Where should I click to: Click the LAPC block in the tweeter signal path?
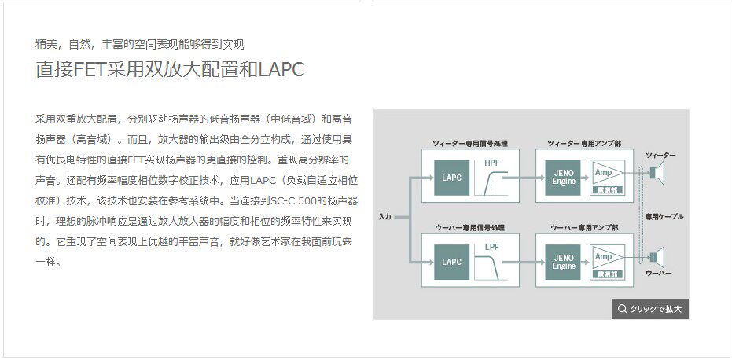pyautogui.click(x=451, y=178)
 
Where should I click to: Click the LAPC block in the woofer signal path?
pyautogui.click(x=451, y=261)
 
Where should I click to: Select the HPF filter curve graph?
pyautogui.click(x=493, y=177)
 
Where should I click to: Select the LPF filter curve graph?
pyautogui.click(x=493, y=260)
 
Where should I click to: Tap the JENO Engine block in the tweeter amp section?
pyautogui.click(x=564, y=177)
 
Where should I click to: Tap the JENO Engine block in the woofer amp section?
pyautogui.click(x=564, y=261)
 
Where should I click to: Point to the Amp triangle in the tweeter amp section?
pyautogui.click(x=605, y=172)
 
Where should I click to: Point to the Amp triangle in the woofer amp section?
pyautogui.click(x=605, y=256)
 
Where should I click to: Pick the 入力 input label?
pyautogui.click(x=384, y=216)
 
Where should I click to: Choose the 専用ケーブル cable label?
pyautogui.click(x=664, y=216)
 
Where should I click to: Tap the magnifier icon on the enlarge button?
pyautogui.click(x=623, y=309)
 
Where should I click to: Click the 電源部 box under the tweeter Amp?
pyautogui.click(x=609, y=189)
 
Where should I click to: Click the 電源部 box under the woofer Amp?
pyautogui.click(x=609, y=273)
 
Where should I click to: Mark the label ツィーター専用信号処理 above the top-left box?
pyautogui.click(x=470, y=144)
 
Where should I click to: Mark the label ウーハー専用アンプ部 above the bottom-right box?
pyautogui.click(x=583, y=227)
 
